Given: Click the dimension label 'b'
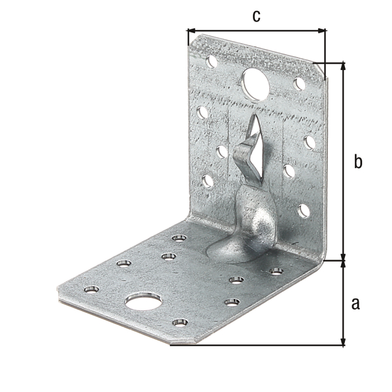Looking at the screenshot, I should pyautogui.click(x=357, y=161).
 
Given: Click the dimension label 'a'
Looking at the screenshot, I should pyautogui.click(x=355, y=303).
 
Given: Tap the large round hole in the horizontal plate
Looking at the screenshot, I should pyautogui.click(x=139, y=301).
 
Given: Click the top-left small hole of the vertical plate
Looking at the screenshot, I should pyautogui.click(x=212, y=62).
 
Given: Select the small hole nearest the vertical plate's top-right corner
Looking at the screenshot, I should pyautogui.click(x=299, y=84).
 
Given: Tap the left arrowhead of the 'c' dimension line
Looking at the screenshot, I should pyautogui.click(x=190, y=29).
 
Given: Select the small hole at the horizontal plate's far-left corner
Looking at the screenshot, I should pyautogui.click(x=90, y=289).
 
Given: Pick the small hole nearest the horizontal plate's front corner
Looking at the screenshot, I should pyautogui.click(x=180, y=322).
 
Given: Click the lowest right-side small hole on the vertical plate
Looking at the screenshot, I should pyautogui.click(x=304, y=210).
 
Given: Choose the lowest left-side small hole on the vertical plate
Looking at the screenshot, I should pyautogui.click(x=207, y=181).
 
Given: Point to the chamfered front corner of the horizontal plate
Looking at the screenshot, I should pyautogui.click(x=180, y=341).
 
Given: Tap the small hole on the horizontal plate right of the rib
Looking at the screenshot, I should pyautogui.click(x=276, y=270).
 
